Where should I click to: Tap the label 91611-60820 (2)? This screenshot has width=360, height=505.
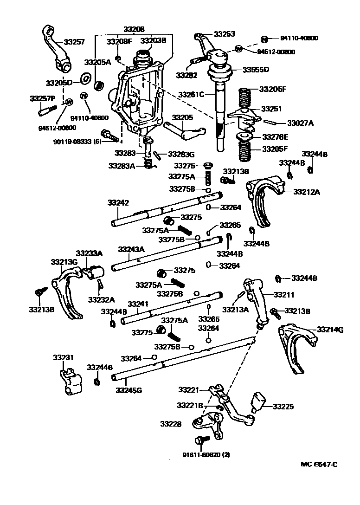click(203, 455)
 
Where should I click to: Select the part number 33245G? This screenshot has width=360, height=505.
click(129, 390)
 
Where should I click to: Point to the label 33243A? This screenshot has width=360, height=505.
click(131, 249)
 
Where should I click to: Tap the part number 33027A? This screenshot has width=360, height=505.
click(300, 123)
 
